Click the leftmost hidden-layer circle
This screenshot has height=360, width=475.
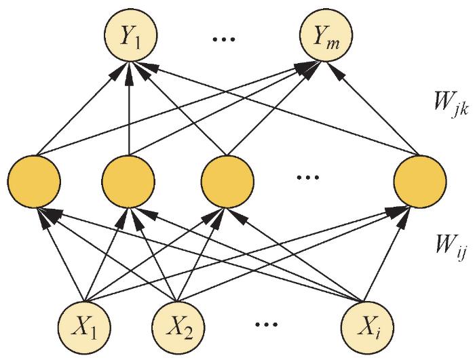tap(33, 182)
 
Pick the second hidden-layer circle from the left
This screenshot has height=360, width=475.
tap(128, 182)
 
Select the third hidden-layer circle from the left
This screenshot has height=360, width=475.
tap(227, 182)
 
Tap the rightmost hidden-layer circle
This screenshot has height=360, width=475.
tap(421, 182)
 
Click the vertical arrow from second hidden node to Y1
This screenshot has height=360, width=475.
tap(128, 112)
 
